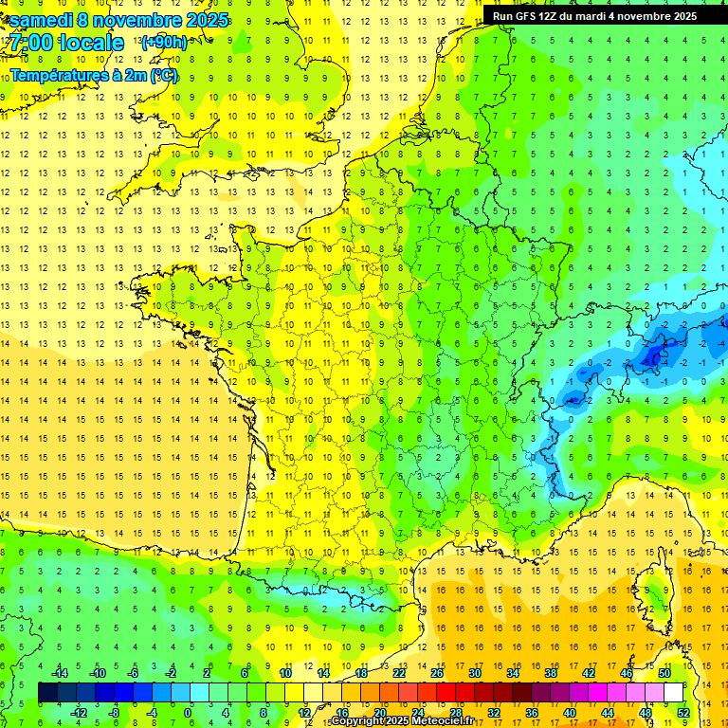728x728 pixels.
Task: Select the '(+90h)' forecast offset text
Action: [x=164, y=43]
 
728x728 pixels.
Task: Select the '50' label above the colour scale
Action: [x=664, y=672]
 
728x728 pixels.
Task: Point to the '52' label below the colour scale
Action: [x=683, y=713]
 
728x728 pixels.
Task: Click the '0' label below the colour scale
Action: [x=188, y=713]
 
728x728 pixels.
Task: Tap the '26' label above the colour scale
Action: [x=437, y=672]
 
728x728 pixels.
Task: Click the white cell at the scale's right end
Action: [x=673, y=692]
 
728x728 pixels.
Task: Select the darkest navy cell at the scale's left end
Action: [x=47, y=692]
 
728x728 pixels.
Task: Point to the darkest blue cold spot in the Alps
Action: [x=652, y=356]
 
